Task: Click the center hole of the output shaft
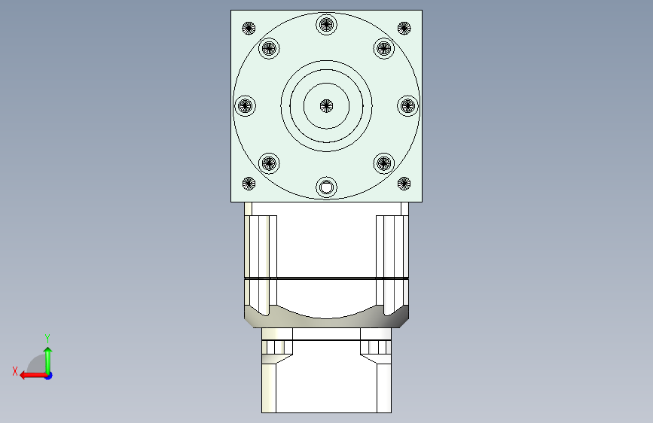[x=326, y=106]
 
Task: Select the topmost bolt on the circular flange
[x=326, y=24]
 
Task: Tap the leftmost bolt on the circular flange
[x=245, y=106]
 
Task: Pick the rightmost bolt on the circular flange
[x=407, y=106]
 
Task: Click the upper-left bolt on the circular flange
[x=269, y=50]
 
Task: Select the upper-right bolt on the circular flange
[x=384, y=50]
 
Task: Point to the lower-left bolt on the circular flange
[x=269, y=163]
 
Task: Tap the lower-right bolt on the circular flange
[x=384, y=163]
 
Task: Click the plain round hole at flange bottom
[x=326, y=187]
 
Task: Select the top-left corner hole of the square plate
[x=249, y=29]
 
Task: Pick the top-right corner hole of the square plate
[x=404, y=29]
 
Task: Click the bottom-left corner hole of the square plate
[x=249, y=183]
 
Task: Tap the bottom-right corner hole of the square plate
[x=404, y=183]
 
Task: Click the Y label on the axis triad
[x=47, y=338]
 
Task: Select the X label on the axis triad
[x=15, y=370]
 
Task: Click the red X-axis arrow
[x=30, y=375]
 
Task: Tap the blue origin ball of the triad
[x=48, y=375]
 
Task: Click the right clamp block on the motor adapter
[x=375, y=347]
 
